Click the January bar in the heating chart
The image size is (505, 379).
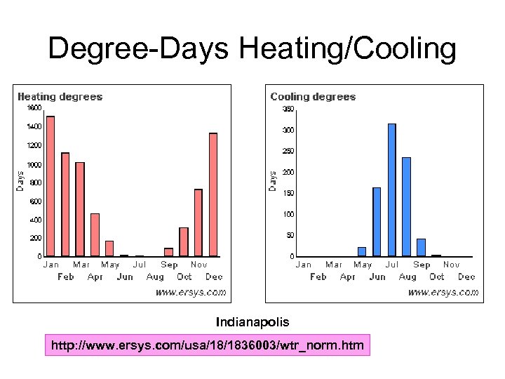[x=50, y=186]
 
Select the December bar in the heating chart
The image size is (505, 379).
[x=213, y=194]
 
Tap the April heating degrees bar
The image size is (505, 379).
[x=95, y=234]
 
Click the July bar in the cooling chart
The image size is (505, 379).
[x=391, y=189]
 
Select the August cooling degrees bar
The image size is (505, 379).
[x=406, y=206]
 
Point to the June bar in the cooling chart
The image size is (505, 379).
[x=377, y=222]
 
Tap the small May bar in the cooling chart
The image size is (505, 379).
[x=362, y=251]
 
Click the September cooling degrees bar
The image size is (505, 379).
[x=421, y=247]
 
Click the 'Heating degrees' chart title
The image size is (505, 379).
[x=60, y=97]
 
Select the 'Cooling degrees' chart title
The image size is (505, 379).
[x=313, y=97]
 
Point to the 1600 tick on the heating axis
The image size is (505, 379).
[x=34, y=108]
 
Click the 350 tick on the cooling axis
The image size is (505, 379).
[x=288, y=109]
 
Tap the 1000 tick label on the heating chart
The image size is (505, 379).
[x=34, y=164]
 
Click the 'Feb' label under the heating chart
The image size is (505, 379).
[x=65, y=277]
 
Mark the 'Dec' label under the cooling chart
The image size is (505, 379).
[x=466, y=277]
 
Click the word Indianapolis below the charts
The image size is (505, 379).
[x=252, y=322]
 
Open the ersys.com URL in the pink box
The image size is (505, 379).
[x=206, y=345]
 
